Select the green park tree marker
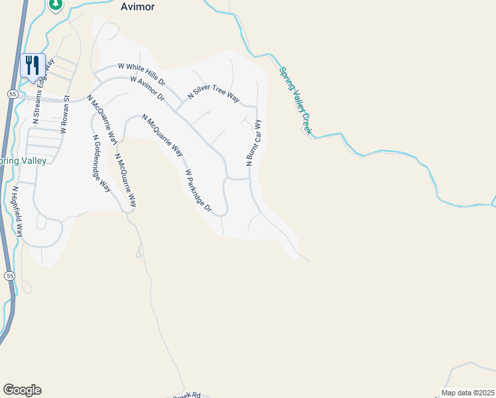pos(56,5)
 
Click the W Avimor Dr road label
pos(147,88)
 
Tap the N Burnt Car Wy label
pos(253,143)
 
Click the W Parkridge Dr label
pos(198,191)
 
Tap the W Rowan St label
pos(65,117)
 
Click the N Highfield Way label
pos(19,210)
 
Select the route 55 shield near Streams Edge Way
pos(12,95)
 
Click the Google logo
pos(22,390)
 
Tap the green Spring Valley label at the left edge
pos(23,161)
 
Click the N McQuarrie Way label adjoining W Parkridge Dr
pos(163,135)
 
